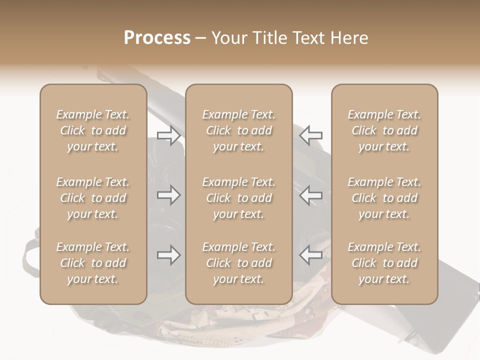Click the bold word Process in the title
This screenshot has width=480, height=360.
pos(157,38)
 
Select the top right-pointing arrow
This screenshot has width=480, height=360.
pos(168,135)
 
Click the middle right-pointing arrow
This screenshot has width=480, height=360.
pos(168,195)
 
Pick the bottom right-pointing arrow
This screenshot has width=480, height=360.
pos(168,255)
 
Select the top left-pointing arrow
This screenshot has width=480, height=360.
pos(310,135)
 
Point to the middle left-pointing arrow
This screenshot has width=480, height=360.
pos(310,195)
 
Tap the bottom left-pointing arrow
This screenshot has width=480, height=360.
pos(310,255)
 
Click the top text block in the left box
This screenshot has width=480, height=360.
pos(93,130)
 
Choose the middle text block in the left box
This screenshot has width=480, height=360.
pos(93,198)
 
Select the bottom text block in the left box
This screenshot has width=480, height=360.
pos(93,263)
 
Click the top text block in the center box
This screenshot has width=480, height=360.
pos(238,130)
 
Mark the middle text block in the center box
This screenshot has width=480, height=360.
pos(238,198)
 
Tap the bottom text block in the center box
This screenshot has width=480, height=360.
pos(238,263)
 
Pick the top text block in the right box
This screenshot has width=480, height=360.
pos(384,130)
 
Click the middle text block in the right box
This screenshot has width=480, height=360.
pos(384,198)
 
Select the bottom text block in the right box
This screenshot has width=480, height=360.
pos(384,263)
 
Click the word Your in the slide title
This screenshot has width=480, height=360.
pos(227,38)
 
